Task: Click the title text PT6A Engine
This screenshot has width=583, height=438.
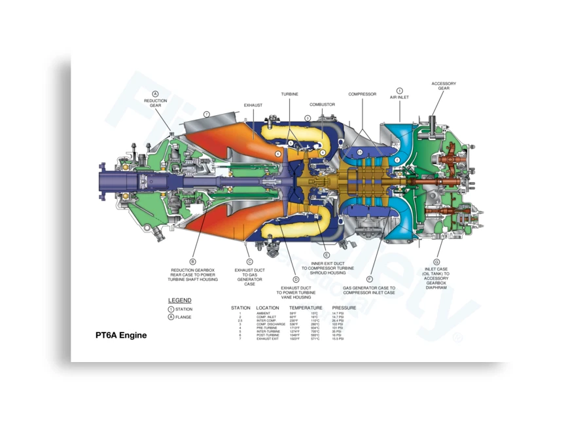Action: [x=121, y=335]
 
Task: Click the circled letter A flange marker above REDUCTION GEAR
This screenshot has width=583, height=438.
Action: [x=155, y=94]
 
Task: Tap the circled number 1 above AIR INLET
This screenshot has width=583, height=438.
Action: [x=399, y=90]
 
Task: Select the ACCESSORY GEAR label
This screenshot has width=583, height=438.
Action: [x=444, y=86]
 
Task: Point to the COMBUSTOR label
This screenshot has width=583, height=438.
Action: [x=322, y=105]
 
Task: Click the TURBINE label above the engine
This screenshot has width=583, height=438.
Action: [x=290, y=94]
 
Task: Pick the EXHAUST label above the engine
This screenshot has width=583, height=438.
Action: [x=253, y=105]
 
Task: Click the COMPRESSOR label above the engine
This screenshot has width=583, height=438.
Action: [x=362, y=94]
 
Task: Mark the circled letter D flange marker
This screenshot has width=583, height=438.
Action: [x=296, y=279]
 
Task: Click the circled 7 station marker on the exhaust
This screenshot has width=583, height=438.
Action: [x=206, y=114]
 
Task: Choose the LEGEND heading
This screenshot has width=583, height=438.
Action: [x=180, y=301]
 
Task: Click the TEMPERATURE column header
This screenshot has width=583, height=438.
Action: [x=306, y=308]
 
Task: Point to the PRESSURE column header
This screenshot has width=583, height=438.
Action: [x=344, y=308]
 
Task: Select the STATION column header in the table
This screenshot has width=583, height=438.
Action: [x=241, y=308]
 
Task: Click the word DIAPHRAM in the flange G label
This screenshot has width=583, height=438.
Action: [x=436, y=287]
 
